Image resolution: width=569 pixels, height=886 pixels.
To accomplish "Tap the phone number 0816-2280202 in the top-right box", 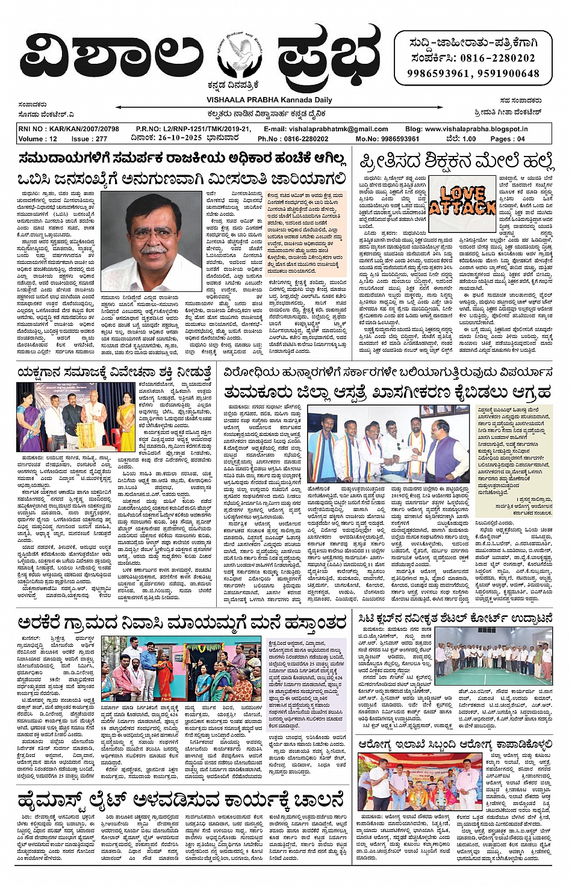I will click(x=498, y=58).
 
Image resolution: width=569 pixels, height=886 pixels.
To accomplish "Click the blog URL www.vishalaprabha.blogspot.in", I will click(x=476, y=129).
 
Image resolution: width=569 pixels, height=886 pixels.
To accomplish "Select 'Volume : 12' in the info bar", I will click(x=38, y=138).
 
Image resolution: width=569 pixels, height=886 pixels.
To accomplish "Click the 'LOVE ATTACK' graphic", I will click(x=463, y=200).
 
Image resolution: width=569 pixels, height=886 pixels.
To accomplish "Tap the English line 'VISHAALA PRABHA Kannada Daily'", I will click(x=269, y=100).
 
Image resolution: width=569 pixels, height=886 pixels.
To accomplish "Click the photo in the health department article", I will click(x=420, y=782).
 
